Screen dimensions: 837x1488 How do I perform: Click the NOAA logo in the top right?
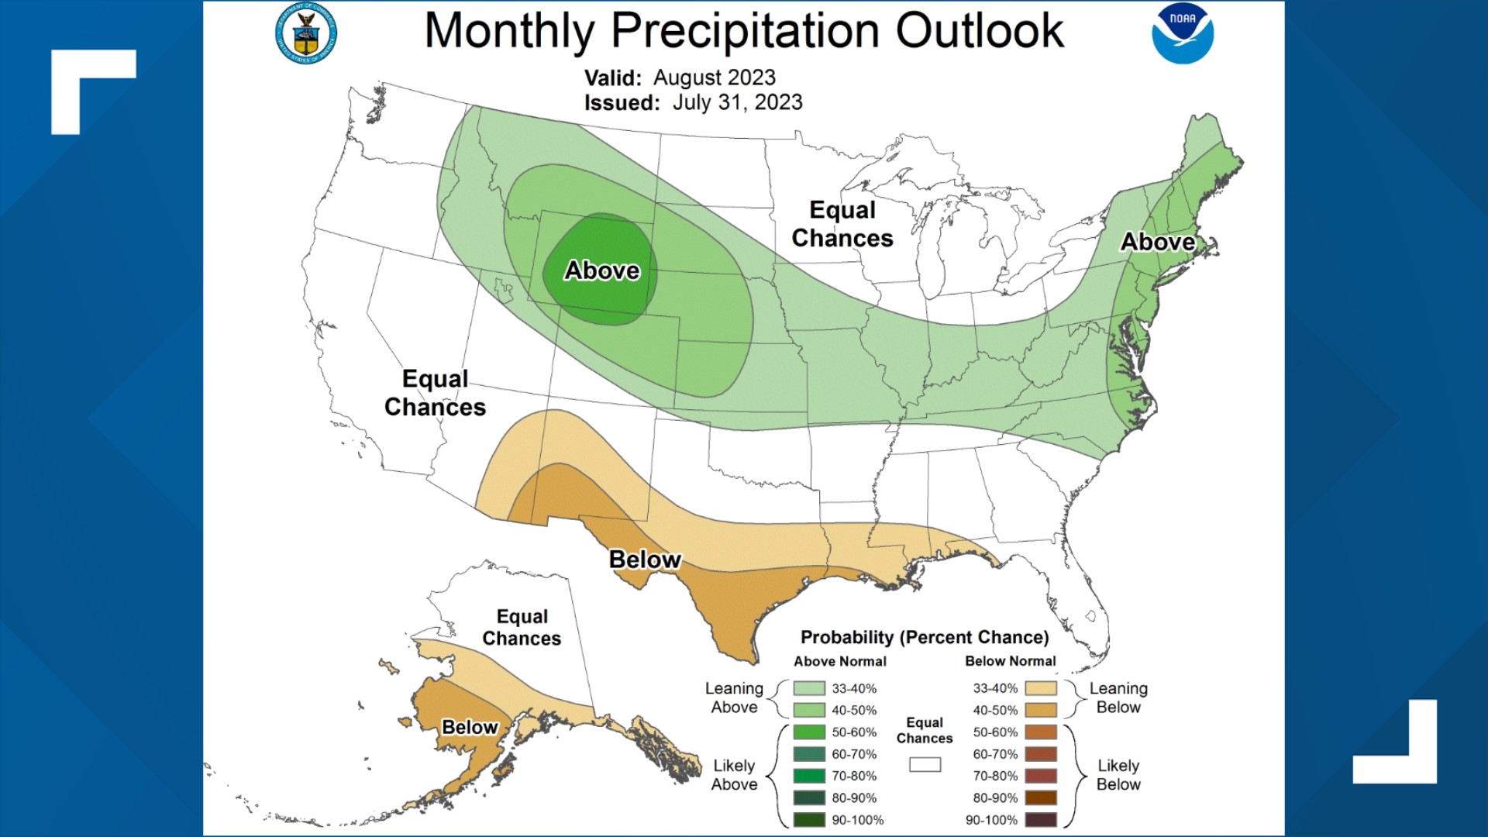(x=1182, y=33)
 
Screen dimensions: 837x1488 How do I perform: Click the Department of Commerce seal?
(x=306, y=33)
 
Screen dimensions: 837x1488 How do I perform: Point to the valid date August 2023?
(x=714, y=77)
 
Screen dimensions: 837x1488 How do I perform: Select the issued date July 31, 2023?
(x=737, y=102)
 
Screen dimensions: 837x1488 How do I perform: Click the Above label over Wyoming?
(x=602, y=270)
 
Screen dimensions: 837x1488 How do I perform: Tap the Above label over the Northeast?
(x=1158, y=242)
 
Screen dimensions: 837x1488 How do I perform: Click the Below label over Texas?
(x=645, y=560)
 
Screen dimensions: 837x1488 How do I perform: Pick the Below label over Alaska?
(x=470, y=727)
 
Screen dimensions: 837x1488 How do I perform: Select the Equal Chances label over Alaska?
(x=522, y=627)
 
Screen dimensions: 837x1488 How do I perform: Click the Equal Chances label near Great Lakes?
(x=842, y=224)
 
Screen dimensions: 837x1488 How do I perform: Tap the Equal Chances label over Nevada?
(x=435, y=393)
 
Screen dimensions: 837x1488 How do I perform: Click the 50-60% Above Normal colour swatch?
(x=809, y=732)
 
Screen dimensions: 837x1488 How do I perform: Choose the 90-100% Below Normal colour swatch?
(x=1041, y=820)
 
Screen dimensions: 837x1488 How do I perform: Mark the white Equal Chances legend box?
(x=925, y=765)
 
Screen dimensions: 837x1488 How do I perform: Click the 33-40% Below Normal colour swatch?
(x=1041, y=688)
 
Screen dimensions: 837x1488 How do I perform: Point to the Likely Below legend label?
(x=1118, y=775)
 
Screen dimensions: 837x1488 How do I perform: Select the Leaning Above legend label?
(x=734, y=697)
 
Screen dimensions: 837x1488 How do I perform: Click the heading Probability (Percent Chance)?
(x=925, y=637)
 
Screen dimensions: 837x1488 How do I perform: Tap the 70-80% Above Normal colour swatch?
(x=809, y=776)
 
